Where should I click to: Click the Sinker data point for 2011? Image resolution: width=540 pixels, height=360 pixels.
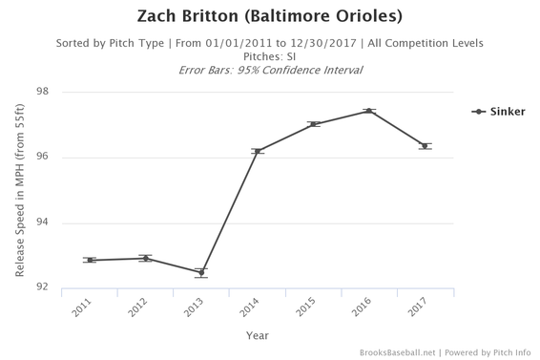[89, 260]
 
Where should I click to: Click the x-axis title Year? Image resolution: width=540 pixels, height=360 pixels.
[257, 335]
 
